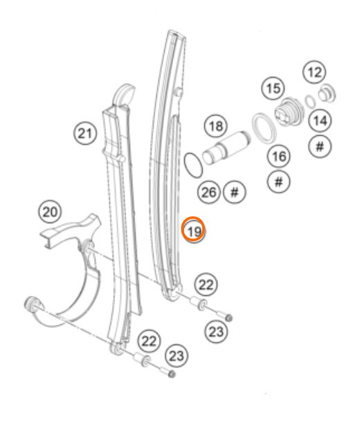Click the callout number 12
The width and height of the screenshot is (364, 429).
pyautogui.click(x=314, y=73)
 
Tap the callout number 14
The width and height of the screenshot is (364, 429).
pyautogui.click(x=320, y=121)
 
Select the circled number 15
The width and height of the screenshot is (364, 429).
pyautogui.click(x=273, y=89)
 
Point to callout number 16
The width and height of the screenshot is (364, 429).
pyautogui.click(x=279, y=156)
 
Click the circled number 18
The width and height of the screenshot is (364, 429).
pyautogui.click(x=216, y=126)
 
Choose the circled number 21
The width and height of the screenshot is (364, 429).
pyautogui.click(x=85, y=134)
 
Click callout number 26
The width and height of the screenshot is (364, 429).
pyautogui.click(x=208, y=192)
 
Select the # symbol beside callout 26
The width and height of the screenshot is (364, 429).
pyautogui.click(x=235, y=192)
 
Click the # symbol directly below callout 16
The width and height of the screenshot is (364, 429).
pyautogui.click(x=278, y=181)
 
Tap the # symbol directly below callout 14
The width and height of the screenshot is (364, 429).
pyautogui.click(x=320, y=146)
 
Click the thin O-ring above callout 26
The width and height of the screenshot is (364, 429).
pyautogui.click(x=194, y=165)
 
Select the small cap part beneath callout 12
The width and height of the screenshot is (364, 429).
pyautogui.click(x=327, y=93)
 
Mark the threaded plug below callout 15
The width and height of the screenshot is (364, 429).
pyautogui.click(x=289, y=112)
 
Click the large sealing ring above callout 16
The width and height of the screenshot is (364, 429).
pyautogui.click(x=264, y=128)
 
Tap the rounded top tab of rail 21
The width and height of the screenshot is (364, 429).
pyautogui.click(x=124, y=94)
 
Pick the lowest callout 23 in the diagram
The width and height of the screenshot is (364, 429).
pyautogui.click(x=176, y=356)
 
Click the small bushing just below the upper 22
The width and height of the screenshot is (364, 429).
pyautogui.click(x=199, y=303)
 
